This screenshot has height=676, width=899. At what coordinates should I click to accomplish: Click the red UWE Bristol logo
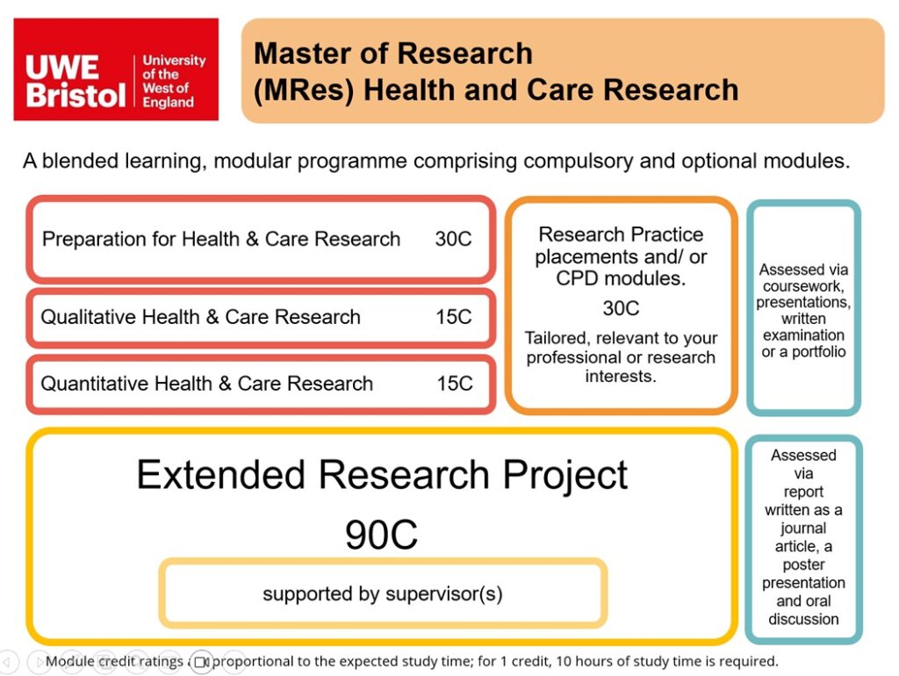tap(116, 69)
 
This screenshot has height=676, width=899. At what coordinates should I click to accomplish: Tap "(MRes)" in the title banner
tap(304, 91)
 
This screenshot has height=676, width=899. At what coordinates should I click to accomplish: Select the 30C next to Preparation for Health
tap(453, 239)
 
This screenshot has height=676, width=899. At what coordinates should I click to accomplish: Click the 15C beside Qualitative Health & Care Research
tap(454, 317)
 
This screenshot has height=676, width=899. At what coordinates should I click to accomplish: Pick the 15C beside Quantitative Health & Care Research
tap(455, 384)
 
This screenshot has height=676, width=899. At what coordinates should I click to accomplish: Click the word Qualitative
tap(86, 317)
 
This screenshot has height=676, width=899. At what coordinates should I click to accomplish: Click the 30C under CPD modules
tap(621, 308)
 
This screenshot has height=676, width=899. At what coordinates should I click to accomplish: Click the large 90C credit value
tap(381, 535)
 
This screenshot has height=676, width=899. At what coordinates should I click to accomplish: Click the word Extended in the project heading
tap(220, 475)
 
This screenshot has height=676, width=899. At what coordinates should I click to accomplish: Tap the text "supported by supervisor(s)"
tap(383, 594)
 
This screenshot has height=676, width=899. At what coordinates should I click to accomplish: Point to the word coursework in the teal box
tap(802, 286)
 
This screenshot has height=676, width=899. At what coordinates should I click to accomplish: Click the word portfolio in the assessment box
tap(819, 351)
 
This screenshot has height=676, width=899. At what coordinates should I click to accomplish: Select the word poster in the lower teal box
tap(803, 565)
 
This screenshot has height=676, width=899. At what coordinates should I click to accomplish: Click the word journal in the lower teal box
tap(803, 529)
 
